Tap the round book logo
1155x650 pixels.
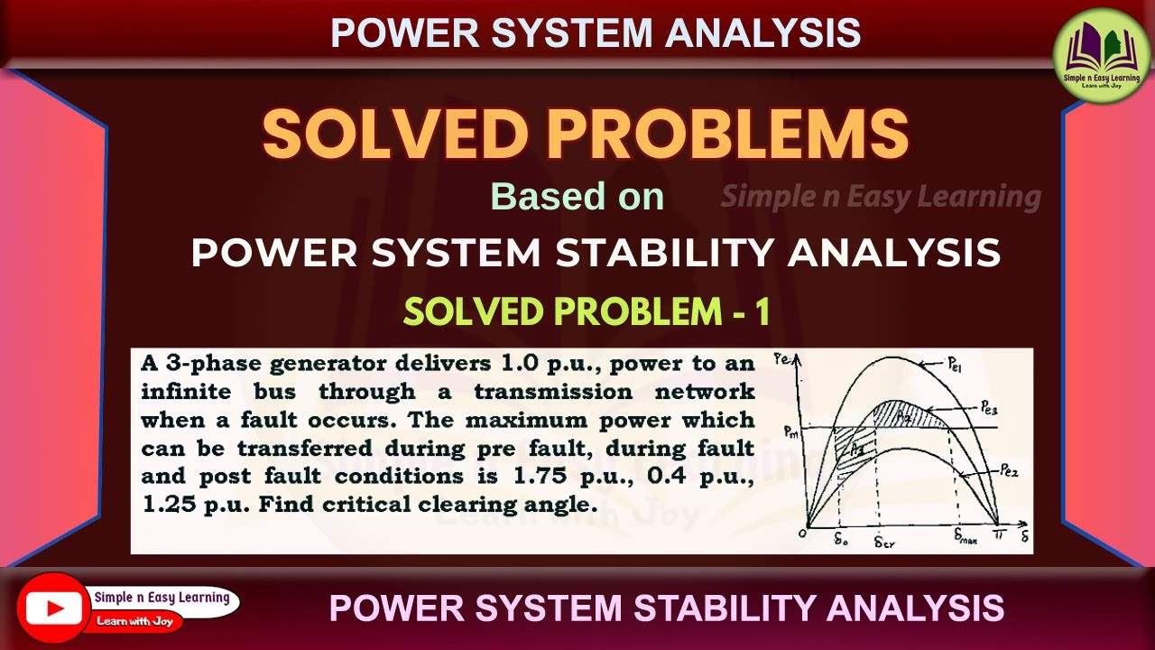1102,56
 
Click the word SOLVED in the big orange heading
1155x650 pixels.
393,134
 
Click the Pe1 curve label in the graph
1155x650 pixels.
957,367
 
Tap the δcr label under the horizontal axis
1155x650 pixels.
884,543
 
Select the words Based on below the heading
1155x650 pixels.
577,197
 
